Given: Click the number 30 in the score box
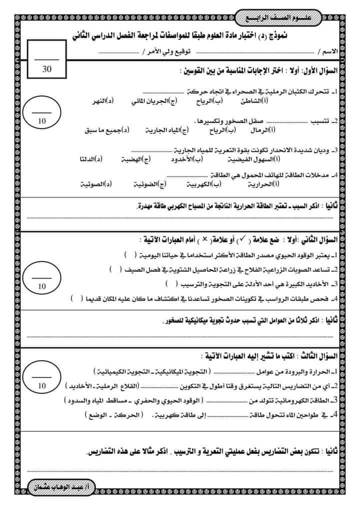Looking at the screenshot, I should [47, 69].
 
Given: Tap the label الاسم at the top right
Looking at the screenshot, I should [330, 52].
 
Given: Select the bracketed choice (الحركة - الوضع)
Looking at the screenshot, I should [113, 414].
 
